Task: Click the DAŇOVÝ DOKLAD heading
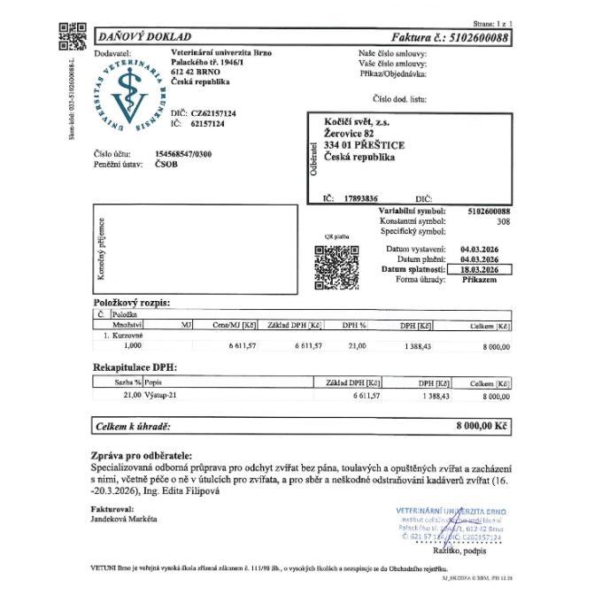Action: pyautogui.click(x=143, y=37)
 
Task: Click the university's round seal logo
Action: pyautogui.click(x=130, y=95)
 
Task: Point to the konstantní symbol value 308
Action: pyautogui.click(x=504, y=221)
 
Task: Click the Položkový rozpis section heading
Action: pyautogui.click(x=131, y=302)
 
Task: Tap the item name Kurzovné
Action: pyautogui.click(x=126, y=336)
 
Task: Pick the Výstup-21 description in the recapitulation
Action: pyautogui.click(x=160, y=396)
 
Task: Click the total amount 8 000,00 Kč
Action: pyautogui.click(x=482, y=427)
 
